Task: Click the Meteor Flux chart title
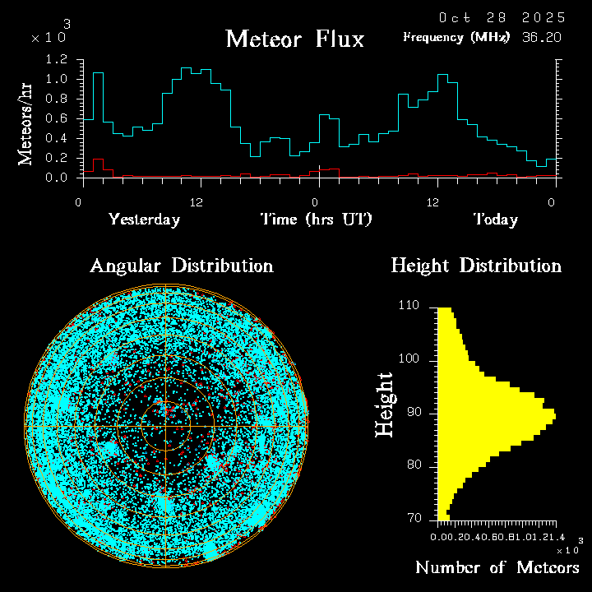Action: pos(294,39)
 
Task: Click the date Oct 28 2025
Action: pos(502,17)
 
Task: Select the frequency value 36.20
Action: pos(543,37)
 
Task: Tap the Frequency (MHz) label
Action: pos(456,37)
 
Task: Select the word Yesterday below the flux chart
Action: pos(144,220)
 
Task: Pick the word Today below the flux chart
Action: pos(495,220)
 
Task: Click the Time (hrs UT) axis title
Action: pos(317,220)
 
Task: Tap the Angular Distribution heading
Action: pos(182,266)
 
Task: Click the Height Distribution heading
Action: pos(476,266)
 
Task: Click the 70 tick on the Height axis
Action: pos(414,519)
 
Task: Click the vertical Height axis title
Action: pos(385,405)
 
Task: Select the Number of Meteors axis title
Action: pos(497,568)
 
